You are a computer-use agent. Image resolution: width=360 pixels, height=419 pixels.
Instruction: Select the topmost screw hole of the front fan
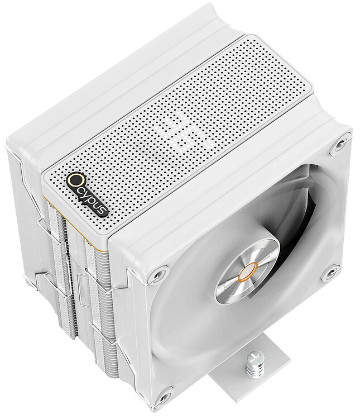[x=341, y=147]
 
